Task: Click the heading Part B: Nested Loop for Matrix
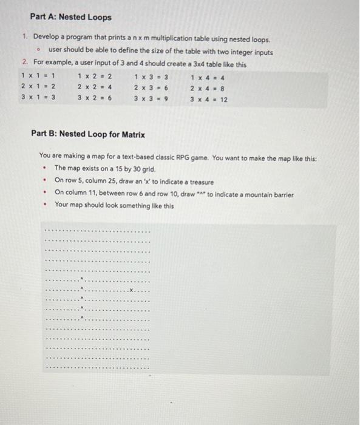(88, 134)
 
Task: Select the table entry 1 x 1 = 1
(38, 76)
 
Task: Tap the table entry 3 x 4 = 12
(209, 98)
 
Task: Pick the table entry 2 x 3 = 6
(151, 87)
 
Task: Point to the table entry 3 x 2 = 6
(95, 98)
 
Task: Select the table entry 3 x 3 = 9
(151, 98)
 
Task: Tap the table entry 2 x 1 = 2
(38, 87)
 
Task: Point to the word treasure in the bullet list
(199, 181)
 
